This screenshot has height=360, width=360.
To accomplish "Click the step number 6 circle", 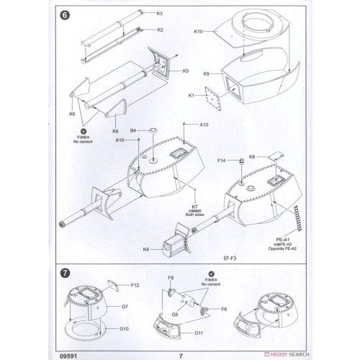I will click(x=65, y=16).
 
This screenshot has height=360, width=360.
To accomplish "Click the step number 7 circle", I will click(x=65, y=274).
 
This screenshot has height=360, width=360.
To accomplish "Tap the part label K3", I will click(x=160, y=14).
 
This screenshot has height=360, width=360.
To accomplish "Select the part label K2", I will click(x=160, y=30).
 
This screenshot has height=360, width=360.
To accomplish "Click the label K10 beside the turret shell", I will click(x=199, y=31).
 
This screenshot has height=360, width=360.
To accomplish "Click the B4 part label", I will click(x=133, y=130).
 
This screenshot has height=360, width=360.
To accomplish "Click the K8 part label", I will click(x=252, y=157).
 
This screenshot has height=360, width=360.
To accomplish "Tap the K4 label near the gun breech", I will click(x=145, y=249).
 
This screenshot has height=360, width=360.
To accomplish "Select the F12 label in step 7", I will click(x=135, y=287).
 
